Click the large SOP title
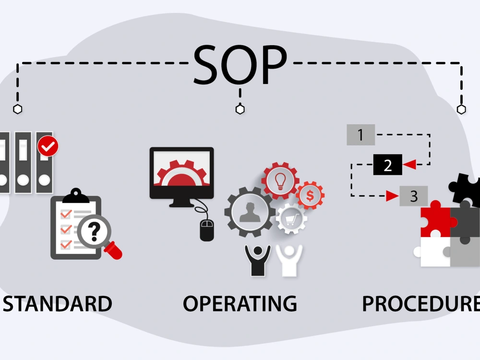click(x=240, y=65)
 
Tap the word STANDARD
click(x=58, y=304)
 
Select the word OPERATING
click(x=240, y=304)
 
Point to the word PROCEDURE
click(x=421, y=304)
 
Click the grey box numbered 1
click(x=360, y=135)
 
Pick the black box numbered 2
click(x=387, y=165)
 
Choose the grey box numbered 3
click(x=414, y=196)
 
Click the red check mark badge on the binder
click(x=48, y=146)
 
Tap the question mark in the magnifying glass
click(x=94, y=231)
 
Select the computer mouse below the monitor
click(x=207, y=230)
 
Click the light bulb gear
click(x=280, y=180)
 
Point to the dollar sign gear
click(x=310, y=196)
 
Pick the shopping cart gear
click(x=291, y=218)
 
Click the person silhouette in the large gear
click(x=250, y=213)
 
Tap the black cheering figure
click(x=258, y=261)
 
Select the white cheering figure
click(x=289, y=261)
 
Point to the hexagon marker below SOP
click(x=240, y=109)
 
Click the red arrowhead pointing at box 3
click(x=392, y=196)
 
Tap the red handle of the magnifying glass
click(x=113, y=251)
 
